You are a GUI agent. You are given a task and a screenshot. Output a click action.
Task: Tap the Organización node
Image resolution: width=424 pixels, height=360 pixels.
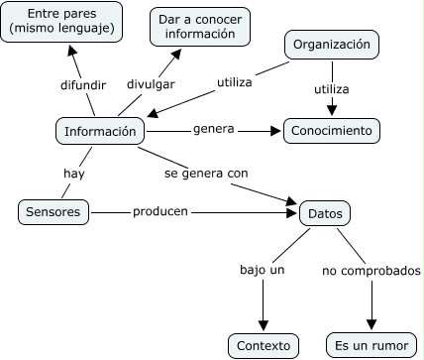pos(332,45)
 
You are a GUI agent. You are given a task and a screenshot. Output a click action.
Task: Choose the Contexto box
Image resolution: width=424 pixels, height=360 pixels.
pos(265,345)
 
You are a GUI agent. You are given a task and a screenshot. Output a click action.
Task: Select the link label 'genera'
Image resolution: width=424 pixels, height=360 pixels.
pos(212,130)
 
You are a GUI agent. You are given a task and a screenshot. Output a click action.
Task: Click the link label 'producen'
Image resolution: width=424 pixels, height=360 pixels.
pos(160,211)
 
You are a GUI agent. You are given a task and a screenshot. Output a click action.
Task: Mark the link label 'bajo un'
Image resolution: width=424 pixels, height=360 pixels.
pos(263,269)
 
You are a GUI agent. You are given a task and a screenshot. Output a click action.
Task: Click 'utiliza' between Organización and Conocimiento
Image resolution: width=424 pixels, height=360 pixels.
pos(332,89)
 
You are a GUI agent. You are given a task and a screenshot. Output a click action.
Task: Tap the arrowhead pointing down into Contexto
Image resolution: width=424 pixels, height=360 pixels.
pos(265,325)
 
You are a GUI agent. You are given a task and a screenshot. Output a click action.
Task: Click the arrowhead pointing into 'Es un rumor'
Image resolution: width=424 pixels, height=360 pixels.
pos(371,325)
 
